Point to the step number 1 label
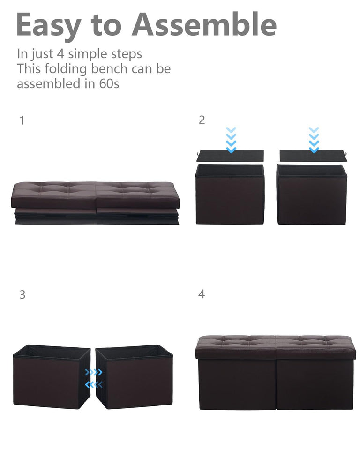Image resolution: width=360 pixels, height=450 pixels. coord(22,120)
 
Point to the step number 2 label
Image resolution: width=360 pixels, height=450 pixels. coord(202,120)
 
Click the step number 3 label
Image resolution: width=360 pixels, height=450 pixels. coord(22,295)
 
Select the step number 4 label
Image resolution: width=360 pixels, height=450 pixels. coord(202,294)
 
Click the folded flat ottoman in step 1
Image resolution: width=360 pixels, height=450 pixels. coord(95,203)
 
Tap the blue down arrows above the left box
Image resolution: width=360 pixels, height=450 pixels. coord(231,140)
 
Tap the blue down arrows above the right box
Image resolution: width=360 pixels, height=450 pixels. coord(314,140)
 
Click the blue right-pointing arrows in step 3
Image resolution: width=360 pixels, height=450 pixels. coord(93,373)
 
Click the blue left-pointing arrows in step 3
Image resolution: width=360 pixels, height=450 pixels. coord(93,385)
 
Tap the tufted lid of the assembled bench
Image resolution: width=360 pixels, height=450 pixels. coord(275,346)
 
